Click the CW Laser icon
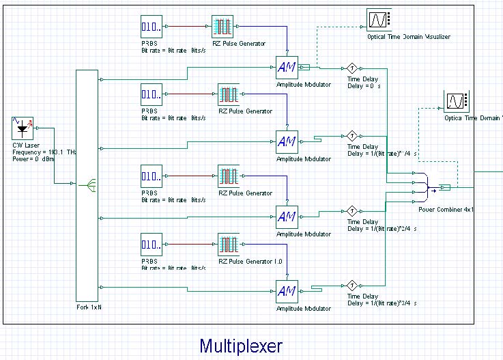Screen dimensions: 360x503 24,129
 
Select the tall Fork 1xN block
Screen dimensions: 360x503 87,184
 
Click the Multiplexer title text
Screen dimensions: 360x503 240,346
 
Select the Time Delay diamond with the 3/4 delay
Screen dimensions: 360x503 352,285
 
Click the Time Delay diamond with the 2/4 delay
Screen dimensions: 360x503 352,210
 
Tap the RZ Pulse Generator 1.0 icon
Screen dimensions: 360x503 229,245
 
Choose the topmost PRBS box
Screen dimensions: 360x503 152,27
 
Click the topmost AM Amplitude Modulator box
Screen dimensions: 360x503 287,68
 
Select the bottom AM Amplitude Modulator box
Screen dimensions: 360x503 287,291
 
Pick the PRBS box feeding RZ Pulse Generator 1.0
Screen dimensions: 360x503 152,245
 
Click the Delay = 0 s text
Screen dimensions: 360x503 364,85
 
